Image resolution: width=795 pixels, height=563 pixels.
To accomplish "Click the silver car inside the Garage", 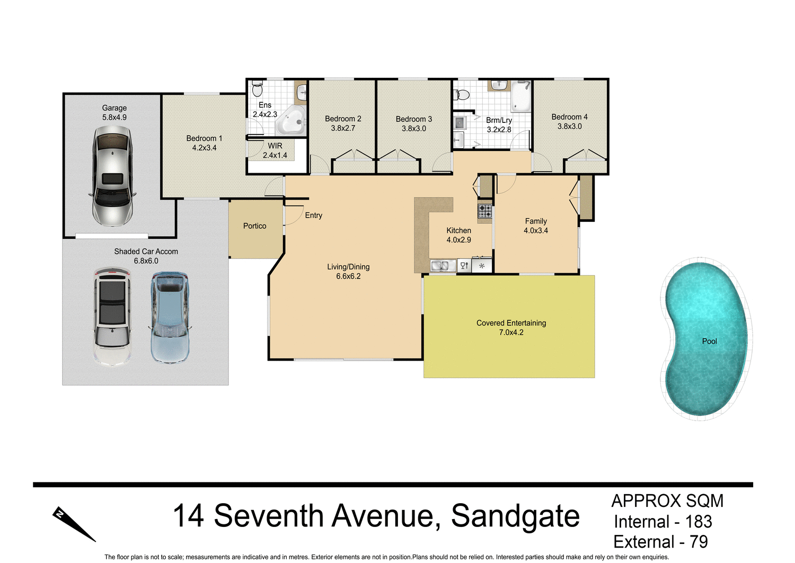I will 112,176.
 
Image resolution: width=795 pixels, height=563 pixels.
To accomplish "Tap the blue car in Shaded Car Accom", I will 170,317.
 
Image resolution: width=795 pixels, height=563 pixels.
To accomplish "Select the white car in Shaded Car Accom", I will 112,317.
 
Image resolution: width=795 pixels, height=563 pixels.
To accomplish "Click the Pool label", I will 709,342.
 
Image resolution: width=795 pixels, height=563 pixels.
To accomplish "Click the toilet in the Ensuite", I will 258,88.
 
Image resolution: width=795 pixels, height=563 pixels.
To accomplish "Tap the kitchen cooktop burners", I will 485,211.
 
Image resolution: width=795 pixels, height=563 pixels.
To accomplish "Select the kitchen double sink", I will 443,266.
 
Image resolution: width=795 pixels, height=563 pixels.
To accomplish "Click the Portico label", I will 254,226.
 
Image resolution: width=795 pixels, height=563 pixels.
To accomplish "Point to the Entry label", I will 313,216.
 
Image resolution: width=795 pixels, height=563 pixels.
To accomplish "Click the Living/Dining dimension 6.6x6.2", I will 348,276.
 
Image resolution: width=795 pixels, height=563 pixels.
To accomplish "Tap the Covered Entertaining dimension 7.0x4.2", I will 511,333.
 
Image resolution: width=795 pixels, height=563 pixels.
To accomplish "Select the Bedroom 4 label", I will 569,117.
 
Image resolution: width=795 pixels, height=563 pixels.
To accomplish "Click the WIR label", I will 275,146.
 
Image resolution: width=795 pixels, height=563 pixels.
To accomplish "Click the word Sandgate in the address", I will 515,516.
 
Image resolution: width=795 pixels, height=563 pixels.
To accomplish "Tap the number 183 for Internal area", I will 699,522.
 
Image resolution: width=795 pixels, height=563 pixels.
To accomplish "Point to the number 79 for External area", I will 699,542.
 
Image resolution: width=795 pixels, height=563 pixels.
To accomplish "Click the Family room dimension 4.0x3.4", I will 536,231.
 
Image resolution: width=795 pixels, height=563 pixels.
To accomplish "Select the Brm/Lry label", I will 499,120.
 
